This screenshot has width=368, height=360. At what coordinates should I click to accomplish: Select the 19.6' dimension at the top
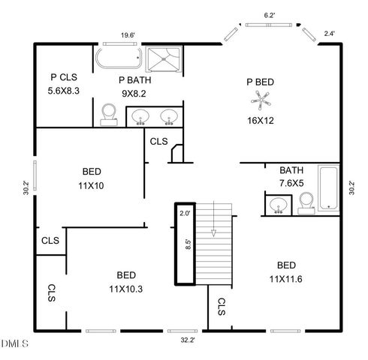(128, 34)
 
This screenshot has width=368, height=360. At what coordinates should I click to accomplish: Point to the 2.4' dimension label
(328, 34)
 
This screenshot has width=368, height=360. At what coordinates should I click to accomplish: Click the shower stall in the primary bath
(164, 58)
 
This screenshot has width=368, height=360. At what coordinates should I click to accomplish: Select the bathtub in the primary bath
(118, 58)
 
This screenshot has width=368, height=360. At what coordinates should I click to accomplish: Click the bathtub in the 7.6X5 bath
(329, 187)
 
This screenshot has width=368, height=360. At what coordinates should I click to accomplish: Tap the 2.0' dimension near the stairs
(185, 213)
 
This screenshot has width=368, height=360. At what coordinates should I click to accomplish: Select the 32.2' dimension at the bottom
(189, 340)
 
